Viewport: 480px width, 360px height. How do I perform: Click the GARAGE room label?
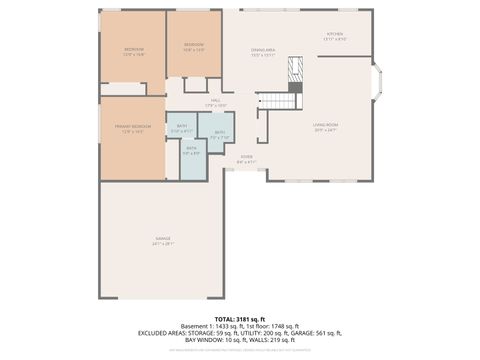162,239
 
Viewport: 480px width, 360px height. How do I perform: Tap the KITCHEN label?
335,34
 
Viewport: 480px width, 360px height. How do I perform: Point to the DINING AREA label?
263,50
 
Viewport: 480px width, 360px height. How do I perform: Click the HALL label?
217,100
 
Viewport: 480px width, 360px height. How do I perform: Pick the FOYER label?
247,156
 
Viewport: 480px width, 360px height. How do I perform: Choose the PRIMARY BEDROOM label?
134,126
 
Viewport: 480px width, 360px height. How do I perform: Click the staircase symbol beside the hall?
276,100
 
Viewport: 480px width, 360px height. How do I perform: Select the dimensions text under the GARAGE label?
162,244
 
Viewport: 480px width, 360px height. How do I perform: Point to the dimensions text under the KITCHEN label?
335,39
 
